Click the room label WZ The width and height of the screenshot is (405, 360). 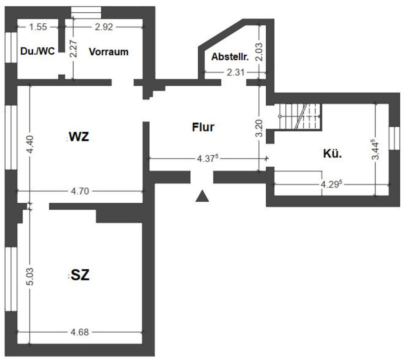pyautogui.click(x=79, y=137)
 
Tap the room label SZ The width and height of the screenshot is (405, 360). pyautogui.click(x=80, y=276)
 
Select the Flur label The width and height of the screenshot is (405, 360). pyautogui.click(x=203, y=127)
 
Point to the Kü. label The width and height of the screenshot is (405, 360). pyautogui.click(x=332, y=154)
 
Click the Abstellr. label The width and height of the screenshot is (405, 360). pyautogui.click(x=230, y=57)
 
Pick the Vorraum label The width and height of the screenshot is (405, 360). pyautogui.click(x=108, y=52)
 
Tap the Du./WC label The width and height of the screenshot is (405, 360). pyautogui.click(x=38, y=52)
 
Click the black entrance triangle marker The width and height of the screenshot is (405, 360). pyautogui.click(x=203, y=195)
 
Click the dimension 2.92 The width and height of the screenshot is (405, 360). pyautogui.click(x=104, y=27)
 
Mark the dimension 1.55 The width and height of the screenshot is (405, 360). pyautogui.click(x=38, y=27)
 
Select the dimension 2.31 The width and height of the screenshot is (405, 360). pyautogui.click(x=236, y=73)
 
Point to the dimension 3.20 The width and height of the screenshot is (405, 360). pyautogui.click(x=260, y=128)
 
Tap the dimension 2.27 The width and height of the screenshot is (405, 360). pyautogui.click(x=73, y=49)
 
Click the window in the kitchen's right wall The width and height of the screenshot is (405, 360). pyautogui.click(x=394, y=138)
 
